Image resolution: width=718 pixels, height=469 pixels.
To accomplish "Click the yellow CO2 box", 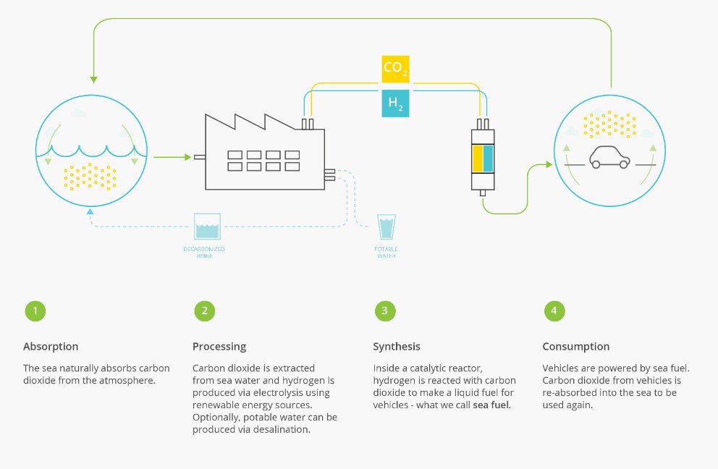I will point(395,69).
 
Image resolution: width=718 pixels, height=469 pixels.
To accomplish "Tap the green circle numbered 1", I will point(34,311).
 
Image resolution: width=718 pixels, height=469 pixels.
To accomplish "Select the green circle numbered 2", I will point(204,311).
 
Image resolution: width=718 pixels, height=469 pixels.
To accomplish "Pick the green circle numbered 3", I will point(384,311).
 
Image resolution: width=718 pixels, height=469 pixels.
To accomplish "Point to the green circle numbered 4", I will point(554,311).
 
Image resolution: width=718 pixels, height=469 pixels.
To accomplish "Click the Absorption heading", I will point(51,347).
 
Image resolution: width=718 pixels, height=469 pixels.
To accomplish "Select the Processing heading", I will point(219,347).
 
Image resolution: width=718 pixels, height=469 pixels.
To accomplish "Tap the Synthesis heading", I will point(396,347).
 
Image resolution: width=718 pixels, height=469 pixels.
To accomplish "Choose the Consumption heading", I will point(575,347).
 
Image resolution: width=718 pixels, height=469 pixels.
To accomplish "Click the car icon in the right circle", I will point(609,156).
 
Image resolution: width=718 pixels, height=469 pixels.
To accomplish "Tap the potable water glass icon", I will point(387,227).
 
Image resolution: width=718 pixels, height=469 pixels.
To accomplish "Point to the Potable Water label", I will point(387,253).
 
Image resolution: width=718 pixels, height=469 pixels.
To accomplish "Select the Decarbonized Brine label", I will point(203,252).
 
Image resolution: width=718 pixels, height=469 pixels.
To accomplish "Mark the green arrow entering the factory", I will point(170,156).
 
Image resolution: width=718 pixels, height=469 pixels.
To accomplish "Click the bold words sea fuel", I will point(491,405).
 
